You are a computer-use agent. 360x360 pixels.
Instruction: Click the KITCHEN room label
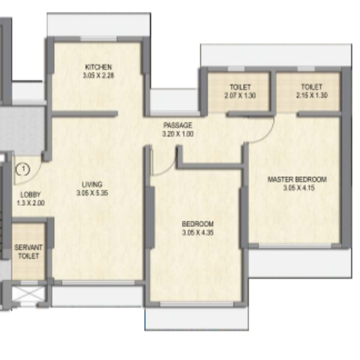[x=98, y=67]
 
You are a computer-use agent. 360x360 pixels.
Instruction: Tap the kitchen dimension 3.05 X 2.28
[x=98, y=76]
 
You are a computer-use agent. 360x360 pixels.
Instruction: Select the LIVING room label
[x=92, y=184]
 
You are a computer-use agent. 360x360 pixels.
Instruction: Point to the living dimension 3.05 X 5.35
[x=92, y=193]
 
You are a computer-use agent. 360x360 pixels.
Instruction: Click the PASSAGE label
[x=178, y=125]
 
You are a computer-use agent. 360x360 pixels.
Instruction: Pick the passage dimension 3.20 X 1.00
[x=178, y=134]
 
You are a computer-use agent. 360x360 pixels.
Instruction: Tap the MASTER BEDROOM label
[x=298, y=179]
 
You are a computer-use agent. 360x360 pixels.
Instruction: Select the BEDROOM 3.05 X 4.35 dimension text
[x=198, y=232]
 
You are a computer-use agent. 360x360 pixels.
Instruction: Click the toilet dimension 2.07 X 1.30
[x=240, y=95]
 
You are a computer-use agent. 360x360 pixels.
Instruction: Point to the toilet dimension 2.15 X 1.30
[x=312, y=95]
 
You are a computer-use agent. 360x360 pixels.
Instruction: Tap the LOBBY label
[x=31, y=194]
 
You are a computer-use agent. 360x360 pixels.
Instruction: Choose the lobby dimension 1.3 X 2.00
[x=31, y=203]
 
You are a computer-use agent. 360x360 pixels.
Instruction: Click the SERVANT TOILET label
[x=28, y=251]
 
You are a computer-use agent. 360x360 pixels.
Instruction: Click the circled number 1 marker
[x=23, y=169]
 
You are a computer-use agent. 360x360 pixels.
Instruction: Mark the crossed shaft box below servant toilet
[x=27, y=293]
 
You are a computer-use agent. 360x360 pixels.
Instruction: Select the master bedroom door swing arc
[x=267, y=135]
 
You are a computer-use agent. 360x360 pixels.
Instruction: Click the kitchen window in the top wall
[x=99, y=38]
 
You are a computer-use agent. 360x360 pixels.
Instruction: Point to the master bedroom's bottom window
[x=295, y=247]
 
